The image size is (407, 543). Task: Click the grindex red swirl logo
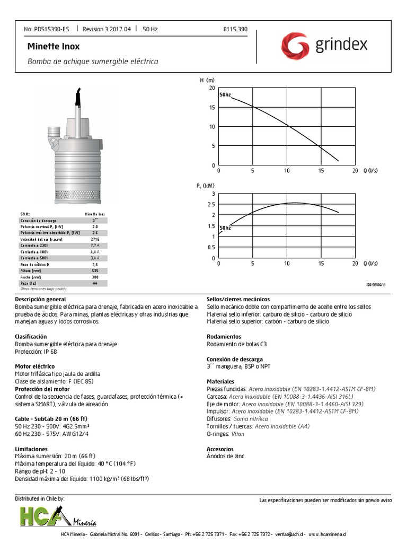pos(295,45)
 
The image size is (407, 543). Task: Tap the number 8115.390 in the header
pos(236,29)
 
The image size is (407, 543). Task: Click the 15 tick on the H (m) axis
pos(211,107)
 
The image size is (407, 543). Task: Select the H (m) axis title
pos(207,80)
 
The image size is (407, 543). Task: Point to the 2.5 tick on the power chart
pos(211,204)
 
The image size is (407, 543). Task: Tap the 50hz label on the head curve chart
pos(225,94)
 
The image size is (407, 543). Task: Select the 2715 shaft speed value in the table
pos(95,239)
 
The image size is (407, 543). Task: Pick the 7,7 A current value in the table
pos(95,246)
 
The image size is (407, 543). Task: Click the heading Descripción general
pos(38,300)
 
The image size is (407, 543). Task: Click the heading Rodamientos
pos(224,337)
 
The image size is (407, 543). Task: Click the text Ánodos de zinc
pos(225,456)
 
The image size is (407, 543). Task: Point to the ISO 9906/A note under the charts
pos(376,285)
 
